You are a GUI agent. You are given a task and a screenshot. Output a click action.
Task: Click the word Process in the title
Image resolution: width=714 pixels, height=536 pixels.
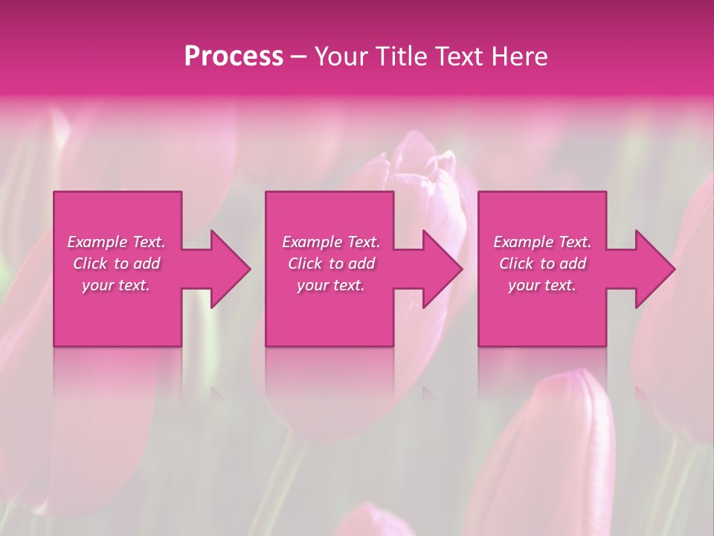pyautogui.click(x=234, y=57)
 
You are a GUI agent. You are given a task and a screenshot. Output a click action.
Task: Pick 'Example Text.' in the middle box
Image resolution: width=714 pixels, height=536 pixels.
pyautogui.click(x=330, y=242)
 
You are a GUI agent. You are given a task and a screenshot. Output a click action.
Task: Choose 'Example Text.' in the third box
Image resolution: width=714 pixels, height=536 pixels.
pyautogui.click(x=542, y=242)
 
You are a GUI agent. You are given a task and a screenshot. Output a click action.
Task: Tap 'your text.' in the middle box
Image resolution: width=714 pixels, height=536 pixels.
pyautogui.click(x=330, y=285)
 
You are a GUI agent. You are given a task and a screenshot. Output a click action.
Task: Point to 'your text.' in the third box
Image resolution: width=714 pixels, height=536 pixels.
pyautogui.click(x=542, y=285)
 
